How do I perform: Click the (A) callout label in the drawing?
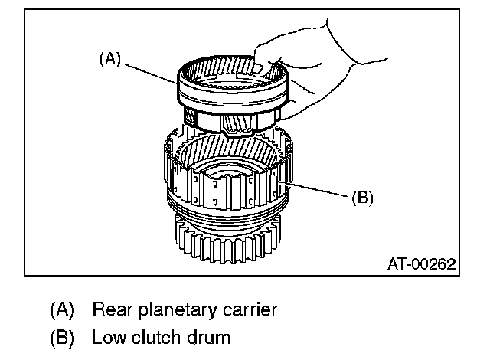tap(109, 59)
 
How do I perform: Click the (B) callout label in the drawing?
tap(362, 198)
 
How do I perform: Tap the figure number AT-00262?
tap(422, 263)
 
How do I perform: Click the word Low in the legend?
tap(109, 337)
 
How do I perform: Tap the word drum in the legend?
tap(209, 337)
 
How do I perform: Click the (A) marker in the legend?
tap(62, 309)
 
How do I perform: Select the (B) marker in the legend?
tap(62, 338)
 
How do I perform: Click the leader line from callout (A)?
tap(152, 74)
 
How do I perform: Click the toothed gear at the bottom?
tap(228, 240)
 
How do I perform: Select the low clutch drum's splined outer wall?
tap(228, 188)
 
